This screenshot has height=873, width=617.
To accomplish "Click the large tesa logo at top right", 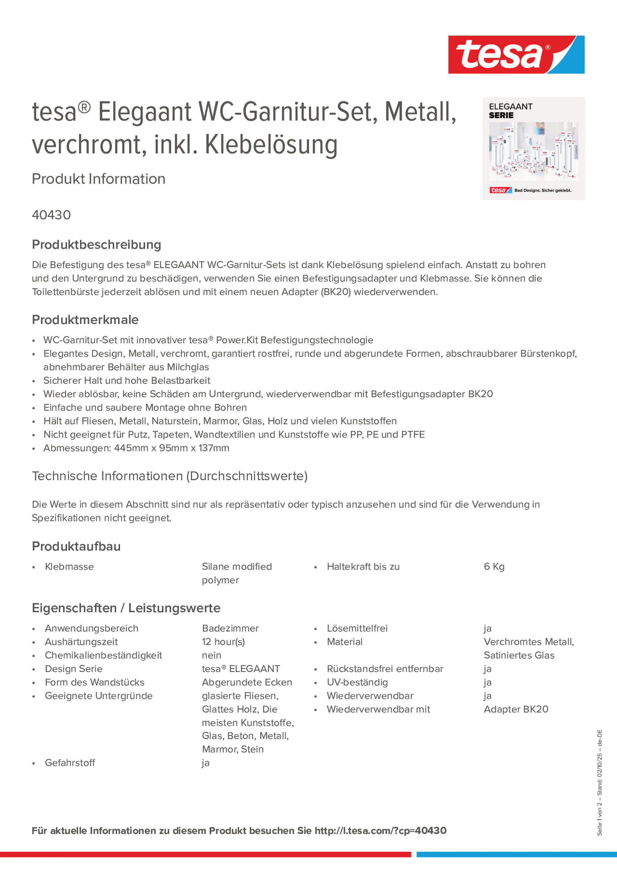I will [516, 55].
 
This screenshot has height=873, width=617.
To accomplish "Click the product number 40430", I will [51, 215].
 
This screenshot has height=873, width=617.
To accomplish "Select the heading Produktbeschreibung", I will [96, 245].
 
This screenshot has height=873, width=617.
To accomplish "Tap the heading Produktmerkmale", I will [85, 320].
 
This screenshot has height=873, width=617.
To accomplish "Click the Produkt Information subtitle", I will [98, 179].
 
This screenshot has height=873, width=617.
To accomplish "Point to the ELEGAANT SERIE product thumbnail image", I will [533, 149].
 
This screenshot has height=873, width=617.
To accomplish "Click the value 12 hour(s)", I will [223, 642].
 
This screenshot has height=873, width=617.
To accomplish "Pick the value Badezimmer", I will [230, 629].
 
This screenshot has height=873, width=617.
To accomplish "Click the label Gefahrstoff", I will [70, 763].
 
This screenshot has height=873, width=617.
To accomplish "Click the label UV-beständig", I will [357, 682].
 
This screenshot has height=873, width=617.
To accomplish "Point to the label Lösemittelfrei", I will [357, 629].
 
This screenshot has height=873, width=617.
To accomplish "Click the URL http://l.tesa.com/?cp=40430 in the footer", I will [380, 831].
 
